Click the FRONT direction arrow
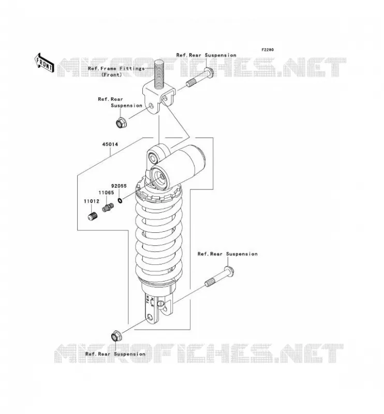click(x=45, y=63)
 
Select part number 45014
click(x=110, y=144)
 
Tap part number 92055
click(x=119, y=186)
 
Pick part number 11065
click(x=106, y=193)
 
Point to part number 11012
click(x=92, y=201)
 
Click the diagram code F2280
click(x=268, y=50)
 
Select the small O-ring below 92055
click(x=120, y=201)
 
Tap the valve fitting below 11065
click(x=108, y=207)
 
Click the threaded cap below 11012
click(x=93, y=217)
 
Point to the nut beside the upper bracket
click(x=122, y=123)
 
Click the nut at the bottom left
click(x=116, y=336)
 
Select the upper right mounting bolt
click(x=200, y=77)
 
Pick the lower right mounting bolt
click(x=220, y=277)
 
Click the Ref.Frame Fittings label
click(x=116, y=68)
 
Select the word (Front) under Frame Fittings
click(x=112, y=75)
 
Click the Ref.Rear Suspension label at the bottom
click(x=115, y=354)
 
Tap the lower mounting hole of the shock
click(x=150, y=317)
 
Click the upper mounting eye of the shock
click(x=153, y=158)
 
